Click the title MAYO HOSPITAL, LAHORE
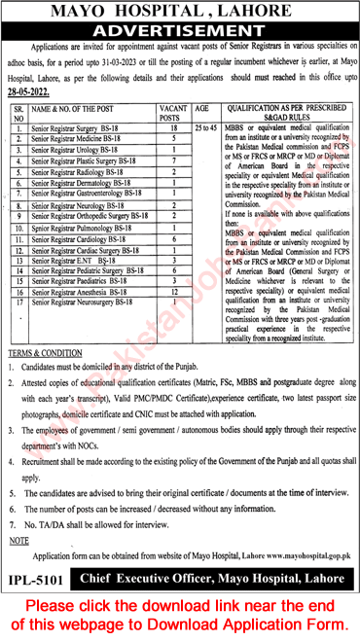tap(179, 11)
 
